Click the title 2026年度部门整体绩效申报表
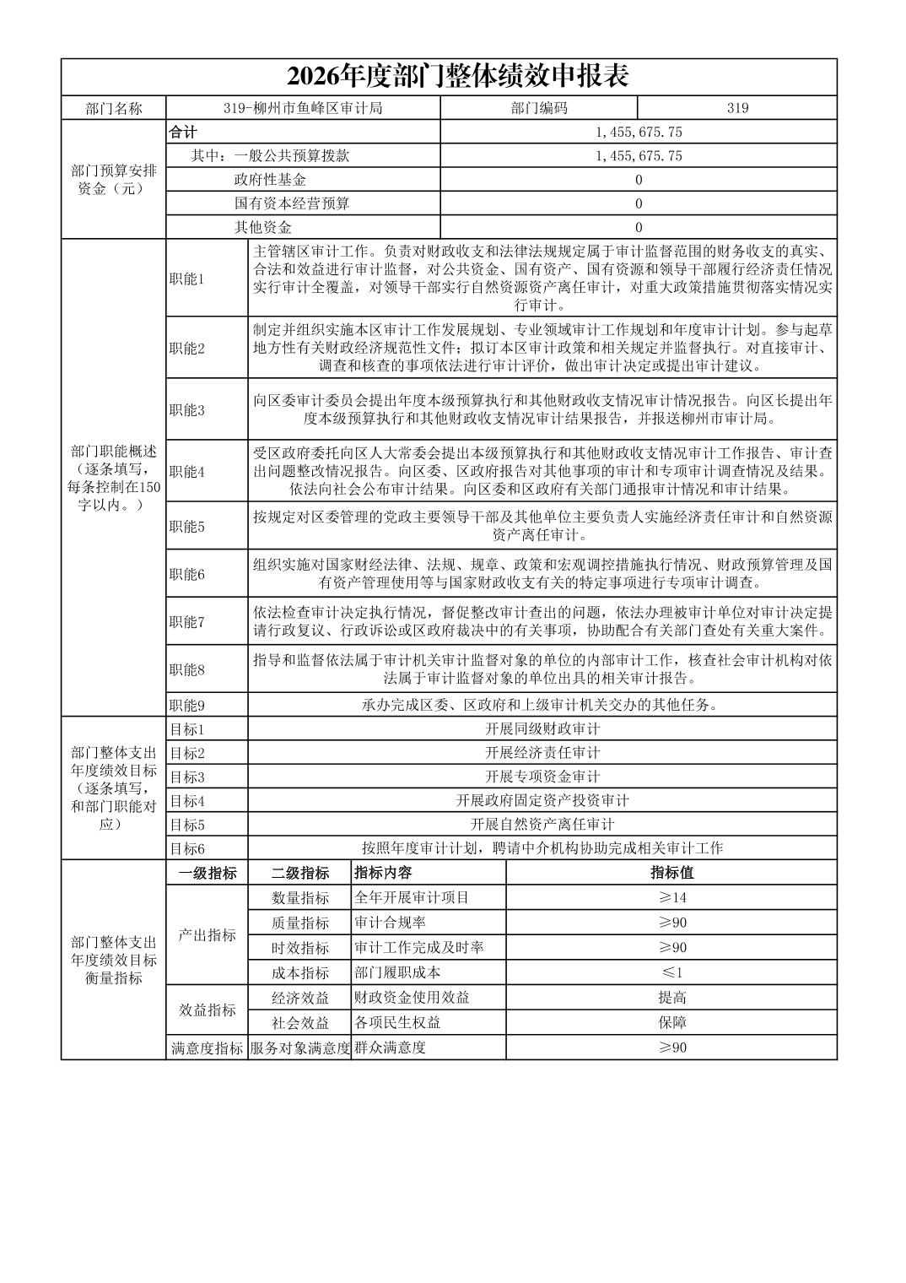[x=458, y=77]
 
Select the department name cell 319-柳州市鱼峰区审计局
[x=303, y=108]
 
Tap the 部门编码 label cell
[x=539, y=108]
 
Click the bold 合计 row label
[x=183, y=133]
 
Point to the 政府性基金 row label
[x=270, y=180]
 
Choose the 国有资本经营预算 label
[x=292, y=203]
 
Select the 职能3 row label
[x=187, y=410]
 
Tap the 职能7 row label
[x=187, y=622]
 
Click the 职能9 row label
[x=187, y=705]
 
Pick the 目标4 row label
[x=187, y=800]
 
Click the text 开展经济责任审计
[x=542, y=753]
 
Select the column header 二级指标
[x=300, y=874]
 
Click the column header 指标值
[x=671, y=873]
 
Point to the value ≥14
[x=671, y=897]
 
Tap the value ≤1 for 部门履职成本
[x=671, y=972]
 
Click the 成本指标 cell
[x=300, y=972]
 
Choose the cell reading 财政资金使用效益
[x=413, y=998]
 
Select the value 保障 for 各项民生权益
[x=671, y=1023]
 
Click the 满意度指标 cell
[x=208, y=1048]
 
